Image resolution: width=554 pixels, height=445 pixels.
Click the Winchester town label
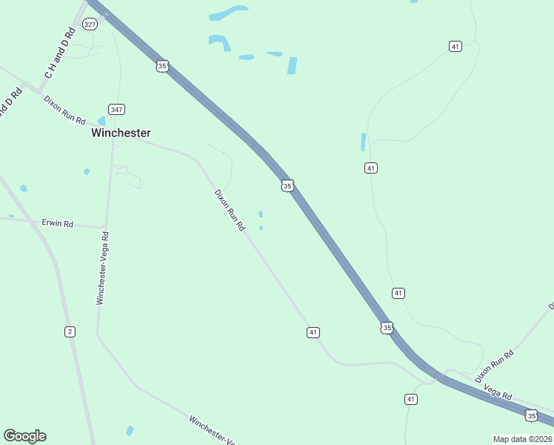click(x=121, y=133)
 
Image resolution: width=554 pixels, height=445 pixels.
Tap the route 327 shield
click(x=90, y=24)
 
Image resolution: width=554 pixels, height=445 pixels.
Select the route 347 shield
click(x=116, y=109)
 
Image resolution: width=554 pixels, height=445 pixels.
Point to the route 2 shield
click(x=70, y=331)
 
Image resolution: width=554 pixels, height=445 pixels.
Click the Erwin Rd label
click(x=58, y=223)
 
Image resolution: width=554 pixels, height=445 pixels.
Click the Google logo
click(x=24, y=436)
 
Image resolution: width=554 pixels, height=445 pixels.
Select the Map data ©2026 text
click(x=523, y=439)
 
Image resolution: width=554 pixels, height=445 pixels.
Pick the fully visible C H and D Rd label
click(x=60, y=53)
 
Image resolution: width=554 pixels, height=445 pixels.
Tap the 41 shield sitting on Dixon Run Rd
click(x=313, y=332)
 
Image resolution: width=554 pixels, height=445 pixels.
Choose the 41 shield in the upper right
click(x=455, y=47)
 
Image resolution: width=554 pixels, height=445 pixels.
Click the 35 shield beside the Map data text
click(x=531, y=415)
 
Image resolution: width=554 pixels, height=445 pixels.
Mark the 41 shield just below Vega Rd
click(x=411, y=399)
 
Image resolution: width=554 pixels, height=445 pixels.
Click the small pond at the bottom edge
click(x=130, y=431)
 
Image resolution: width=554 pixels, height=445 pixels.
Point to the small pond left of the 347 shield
click(x=101, y=121)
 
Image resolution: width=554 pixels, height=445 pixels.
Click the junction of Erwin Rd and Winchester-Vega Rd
click(x=105, y=227)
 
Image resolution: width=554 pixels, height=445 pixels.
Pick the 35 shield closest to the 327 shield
click(x=162, y=66)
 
